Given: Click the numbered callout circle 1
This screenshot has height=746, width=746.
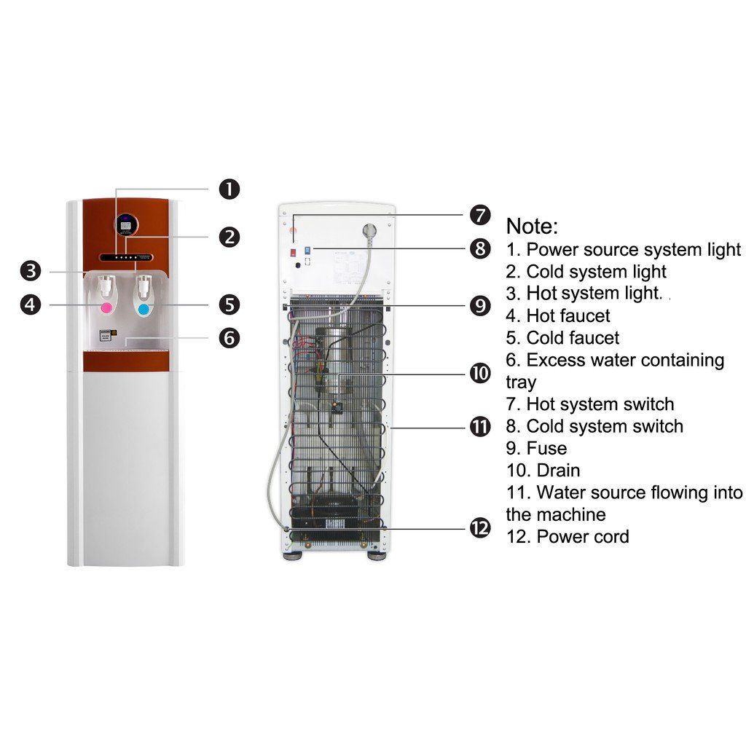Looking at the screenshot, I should click(x=229, y=189).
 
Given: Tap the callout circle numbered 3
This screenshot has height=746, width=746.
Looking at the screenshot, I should click(x=30, y=272).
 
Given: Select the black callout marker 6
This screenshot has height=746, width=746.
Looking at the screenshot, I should click(x=229, y=338).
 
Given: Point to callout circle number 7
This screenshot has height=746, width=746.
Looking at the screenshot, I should click(x=479, y=215).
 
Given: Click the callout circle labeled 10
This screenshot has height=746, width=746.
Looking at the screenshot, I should click(x=479, y=374).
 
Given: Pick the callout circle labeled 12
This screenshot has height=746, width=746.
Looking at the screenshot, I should click(x=479, y=527).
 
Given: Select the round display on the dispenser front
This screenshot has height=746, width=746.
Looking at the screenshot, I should click(x=127, y=224).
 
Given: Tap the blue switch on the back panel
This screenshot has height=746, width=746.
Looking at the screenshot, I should click(x=307, y=250).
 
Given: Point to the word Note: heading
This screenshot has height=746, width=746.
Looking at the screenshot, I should click(x=532, y=225).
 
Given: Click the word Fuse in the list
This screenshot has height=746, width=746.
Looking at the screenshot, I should click(x=546, y=448).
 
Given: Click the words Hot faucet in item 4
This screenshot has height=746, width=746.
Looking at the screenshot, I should click(x=568, y=315).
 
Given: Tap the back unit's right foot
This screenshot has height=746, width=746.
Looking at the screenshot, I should click(x=377, y=555).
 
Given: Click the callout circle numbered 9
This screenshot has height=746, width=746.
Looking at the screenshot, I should click(x=479, y=306).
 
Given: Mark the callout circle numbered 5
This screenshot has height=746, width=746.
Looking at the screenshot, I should click(x=229, y=305).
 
